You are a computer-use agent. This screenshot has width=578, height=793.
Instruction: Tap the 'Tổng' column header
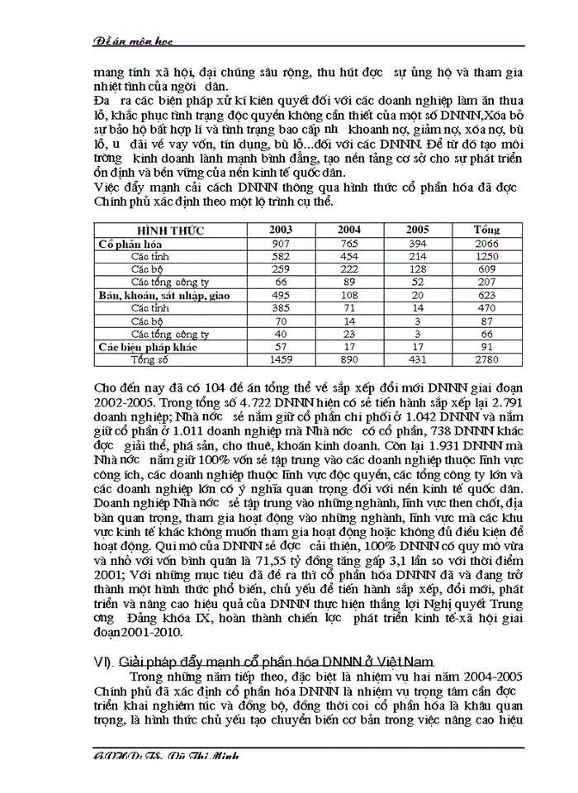486,229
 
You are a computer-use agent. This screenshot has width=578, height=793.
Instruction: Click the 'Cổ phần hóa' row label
130,244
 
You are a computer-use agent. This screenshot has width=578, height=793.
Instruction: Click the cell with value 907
279,243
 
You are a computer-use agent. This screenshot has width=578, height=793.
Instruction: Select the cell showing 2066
486,243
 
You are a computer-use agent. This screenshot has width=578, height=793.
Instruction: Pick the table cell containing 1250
486,257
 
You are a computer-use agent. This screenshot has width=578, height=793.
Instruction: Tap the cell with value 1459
279,360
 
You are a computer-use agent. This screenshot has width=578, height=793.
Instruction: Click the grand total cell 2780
486,360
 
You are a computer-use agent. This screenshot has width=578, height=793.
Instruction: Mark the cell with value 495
279,295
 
